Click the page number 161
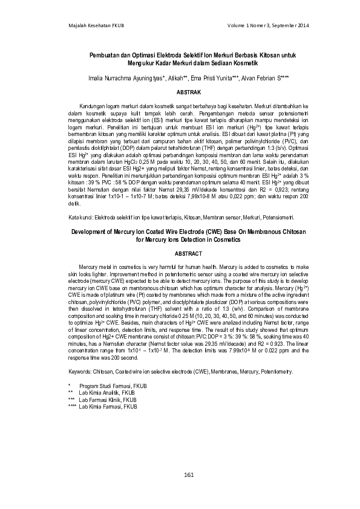click(188, 475)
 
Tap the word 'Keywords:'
click(82, 372)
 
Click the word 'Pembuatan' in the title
click(104, 55)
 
